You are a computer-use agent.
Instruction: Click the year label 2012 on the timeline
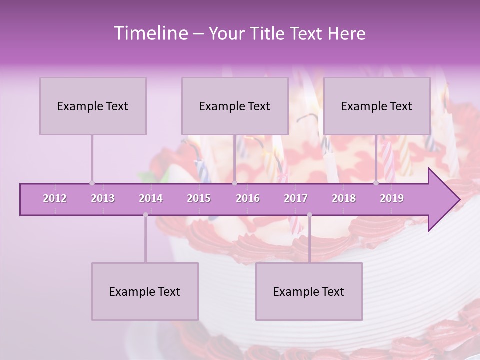[55, 198]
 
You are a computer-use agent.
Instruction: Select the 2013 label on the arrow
[103, 198]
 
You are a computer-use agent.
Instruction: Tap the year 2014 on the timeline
[151, 198]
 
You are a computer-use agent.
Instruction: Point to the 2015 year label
[199, 198]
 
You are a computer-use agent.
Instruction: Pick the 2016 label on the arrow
[248, 198]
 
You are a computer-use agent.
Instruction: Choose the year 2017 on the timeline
[296, 198]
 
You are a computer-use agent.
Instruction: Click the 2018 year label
[344, 198]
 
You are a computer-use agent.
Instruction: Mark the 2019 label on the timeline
[392, 198]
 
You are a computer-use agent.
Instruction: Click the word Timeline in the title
[150, 33]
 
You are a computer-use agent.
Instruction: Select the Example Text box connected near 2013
[93, 106]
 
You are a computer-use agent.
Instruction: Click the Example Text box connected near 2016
[235, 106]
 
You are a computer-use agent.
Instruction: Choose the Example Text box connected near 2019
[377, 106]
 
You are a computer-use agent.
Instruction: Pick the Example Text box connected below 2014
[145, 291]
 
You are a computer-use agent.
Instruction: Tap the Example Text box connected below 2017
[309, 291]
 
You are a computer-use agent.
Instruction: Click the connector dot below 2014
[145, 215]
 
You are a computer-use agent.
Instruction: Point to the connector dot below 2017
[309, 215]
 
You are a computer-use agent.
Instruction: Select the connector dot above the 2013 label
[92, 183]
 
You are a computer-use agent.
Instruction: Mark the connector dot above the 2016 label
[234, 183]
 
